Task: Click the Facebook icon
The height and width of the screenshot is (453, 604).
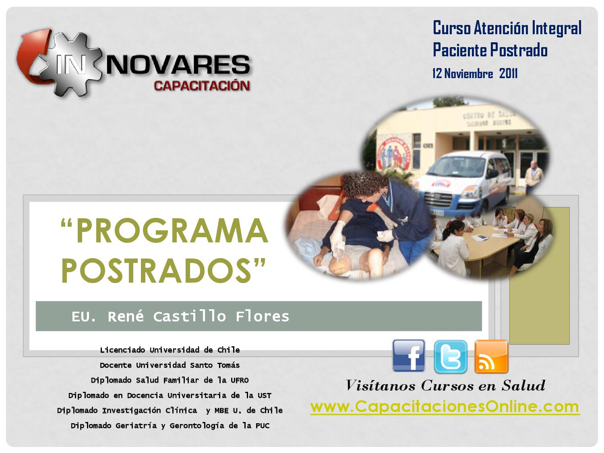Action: pos(409,356)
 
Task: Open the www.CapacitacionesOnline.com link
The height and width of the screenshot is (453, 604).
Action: pos(445,406)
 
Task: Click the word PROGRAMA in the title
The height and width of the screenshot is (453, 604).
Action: pos(171,232)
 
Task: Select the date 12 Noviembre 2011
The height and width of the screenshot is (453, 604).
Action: pos(475,74)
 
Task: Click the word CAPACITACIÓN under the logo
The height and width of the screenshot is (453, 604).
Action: pos(202,86)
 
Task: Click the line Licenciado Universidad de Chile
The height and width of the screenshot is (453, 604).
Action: pos(170,350)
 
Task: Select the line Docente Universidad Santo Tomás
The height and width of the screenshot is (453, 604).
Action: pos(170,365)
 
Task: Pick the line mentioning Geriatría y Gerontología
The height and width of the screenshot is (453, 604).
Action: pos(170,426)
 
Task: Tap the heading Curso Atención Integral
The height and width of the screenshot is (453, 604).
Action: pos(507,28)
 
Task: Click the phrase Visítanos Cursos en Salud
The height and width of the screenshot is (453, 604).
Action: pos(445,386)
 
